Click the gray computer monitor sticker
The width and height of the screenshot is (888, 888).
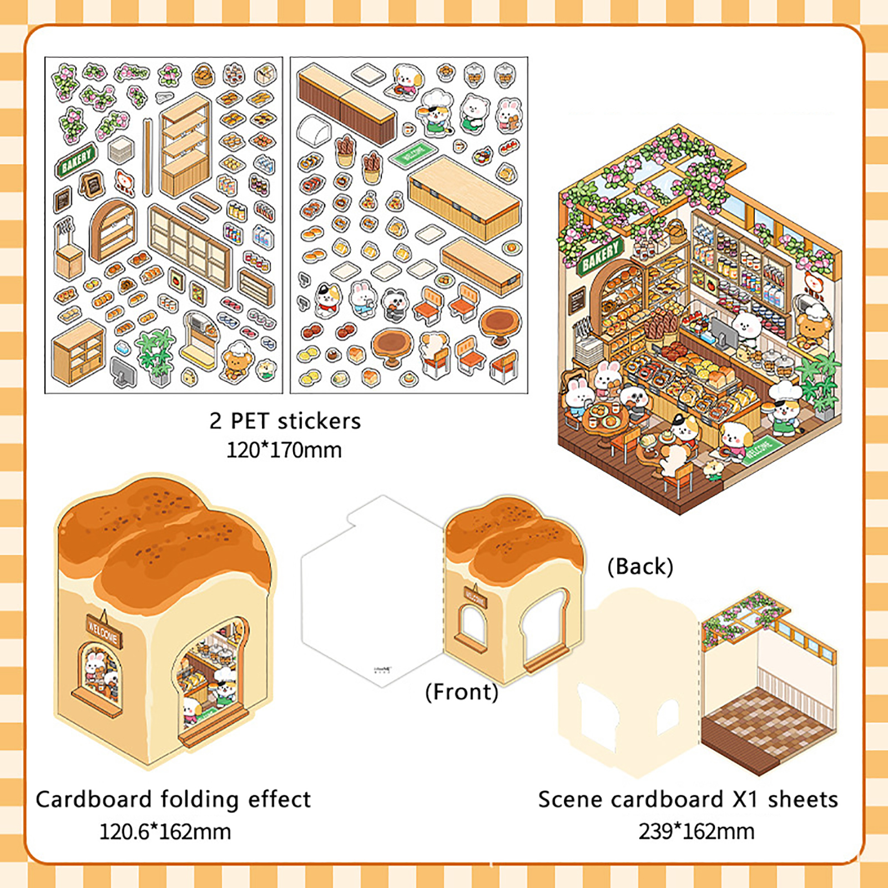(x=123, y=372)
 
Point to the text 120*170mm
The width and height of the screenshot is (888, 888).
(x=284, y=450)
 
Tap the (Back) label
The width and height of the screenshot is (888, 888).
(x=640, y=567)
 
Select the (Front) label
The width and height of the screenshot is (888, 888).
(x=462, y=692)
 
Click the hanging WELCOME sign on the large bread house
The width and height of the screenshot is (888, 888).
(x=102, y=630)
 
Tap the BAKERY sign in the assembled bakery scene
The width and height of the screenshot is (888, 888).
(x=600, y=256)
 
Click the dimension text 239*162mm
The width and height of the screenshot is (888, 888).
(x=696, y=831)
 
